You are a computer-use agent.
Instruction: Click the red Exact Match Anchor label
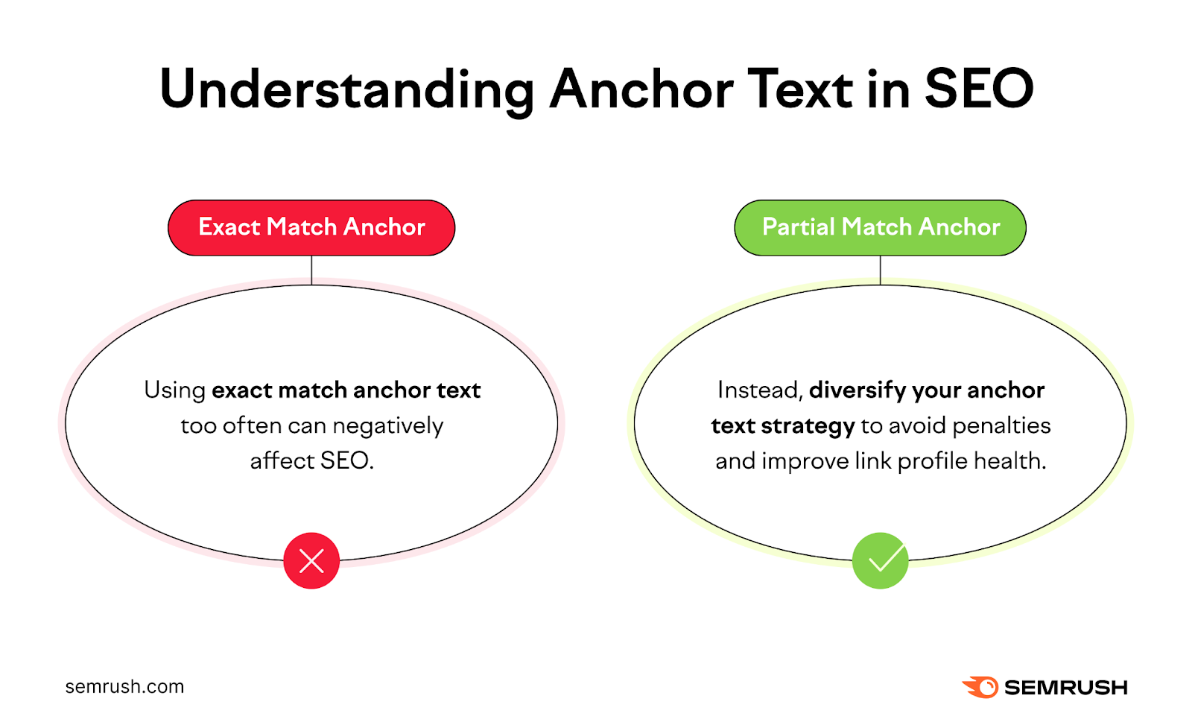(311, 227)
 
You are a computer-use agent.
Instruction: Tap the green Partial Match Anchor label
(880, 227)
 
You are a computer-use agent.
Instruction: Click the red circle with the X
(311, 560)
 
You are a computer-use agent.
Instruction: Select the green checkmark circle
(880, 560)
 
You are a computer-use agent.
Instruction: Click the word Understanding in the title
(346, 89)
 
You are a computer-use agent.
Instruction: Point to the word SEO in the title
(978, 89)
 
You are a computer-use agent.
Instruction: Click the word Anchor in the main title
(641, 89)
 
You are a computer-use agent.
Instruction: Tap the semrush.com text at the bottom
(124, 686)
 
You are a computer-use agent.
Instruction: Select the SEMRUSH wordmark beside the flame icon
(1065, 687)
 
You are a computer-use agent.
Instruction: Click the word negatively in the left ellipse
(387, 426)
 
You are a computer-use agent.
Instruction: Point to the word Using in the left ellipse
(174, 390)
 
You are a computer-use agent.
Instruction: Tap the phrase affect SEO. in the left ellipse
(311, 461)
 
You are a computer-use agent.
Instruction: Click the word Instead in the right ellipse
(758, 390)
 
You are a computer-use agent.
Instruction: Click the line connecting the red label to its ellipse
(311, 270)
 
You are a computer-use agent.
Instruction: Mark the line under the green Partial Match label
(880, 270)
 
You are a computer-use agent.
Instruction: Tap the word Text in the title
(800, 89)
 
